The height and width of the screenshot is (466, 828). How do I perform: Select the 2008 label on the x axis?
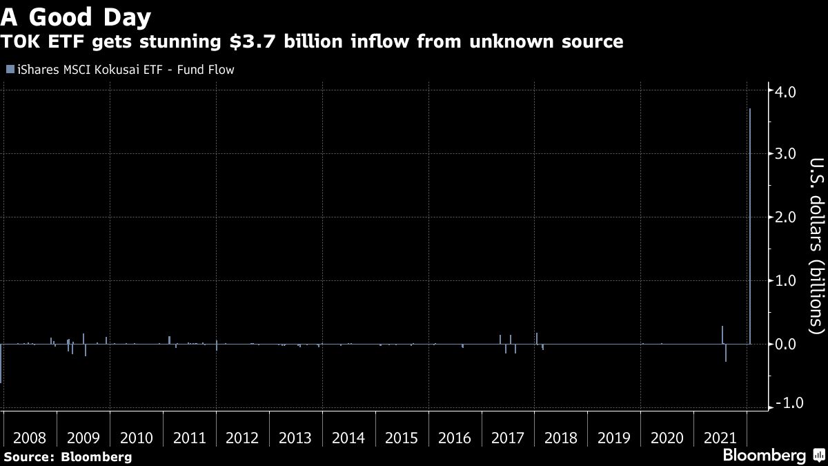30,438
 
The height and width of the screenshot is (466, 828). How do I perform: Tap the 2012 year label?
242,438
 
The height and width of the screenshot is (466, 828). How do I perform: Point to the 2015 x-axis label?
402,438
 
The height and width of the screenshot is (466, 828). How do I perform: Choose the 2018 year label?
561,438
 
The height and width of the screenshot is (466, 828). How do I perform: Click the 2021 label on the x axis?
720,438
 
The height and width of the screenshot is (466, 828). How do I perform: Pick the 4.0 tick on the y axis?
787,91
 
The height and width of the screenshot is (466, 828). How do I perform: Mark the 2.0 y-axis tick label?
787,217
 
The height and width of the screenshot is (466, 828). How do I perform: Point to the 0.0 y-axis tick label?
787,344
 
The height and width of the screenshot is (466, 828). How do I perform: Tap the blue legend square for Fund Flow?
10,69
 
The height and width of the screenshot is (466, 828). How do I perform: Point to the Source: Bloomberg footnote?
68,456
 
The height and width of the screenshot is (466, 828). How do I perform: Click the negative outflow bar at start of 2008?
1,363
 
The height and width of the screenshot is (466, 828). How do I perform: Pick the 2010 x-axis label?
136,438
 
